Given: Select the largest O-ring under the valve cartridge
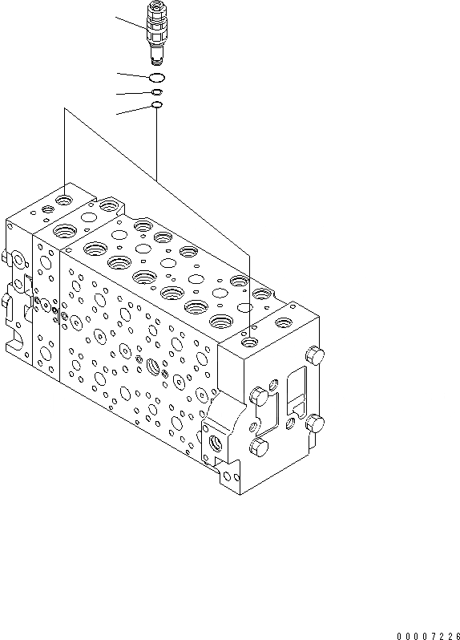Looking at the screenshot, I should point(157,77).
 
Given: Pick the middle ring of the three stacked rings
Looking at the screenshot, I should point(157,92).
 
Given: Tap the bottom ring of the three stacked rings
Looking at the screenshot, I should point(157,105).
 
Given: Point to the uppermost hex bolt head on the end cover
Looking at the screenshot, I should point(316,355).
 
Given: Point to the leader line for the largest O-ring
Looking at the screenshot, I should point(131,75).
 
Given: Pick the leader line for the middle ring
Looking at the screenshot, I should point(133,93).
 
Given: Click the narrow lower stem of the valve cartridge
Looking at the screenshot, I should point(157,57).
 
